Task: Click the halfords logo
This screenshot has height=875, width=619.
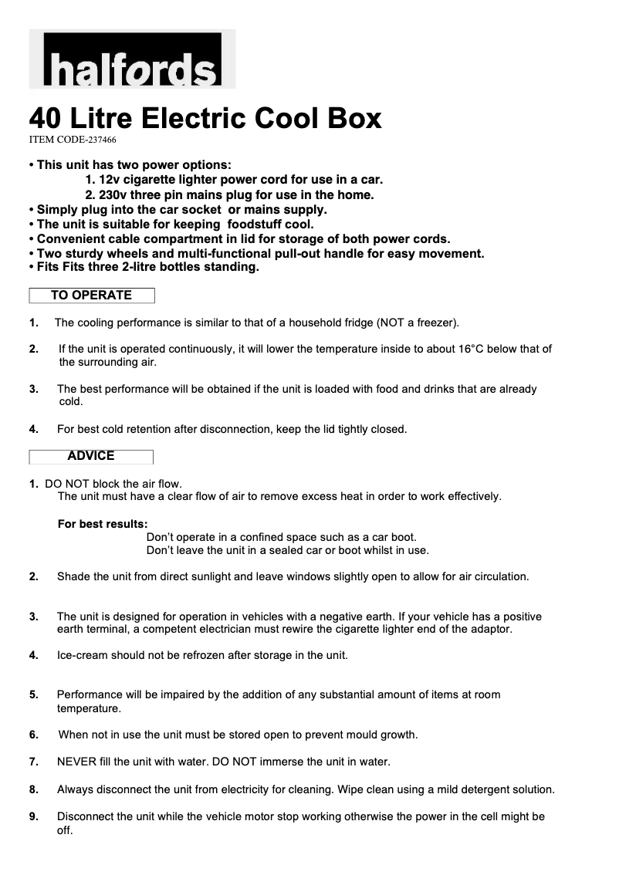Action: tap(132, 59)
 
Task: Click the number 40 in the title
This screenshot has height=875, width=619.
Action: tap(46, 118)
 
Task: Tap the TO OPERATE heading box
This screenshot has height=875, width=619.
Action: tap(92, 296)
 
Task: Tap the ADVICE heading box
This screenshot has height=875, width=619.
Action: tap(91, 456)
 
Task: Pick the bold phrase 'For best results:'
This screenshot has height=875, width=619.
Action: tap(103, 524)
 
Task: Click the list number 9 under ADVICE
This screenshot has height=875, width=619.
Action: tap(34, 816)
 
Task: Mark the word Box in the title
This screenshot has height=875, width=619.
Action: tap(353, 118)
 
